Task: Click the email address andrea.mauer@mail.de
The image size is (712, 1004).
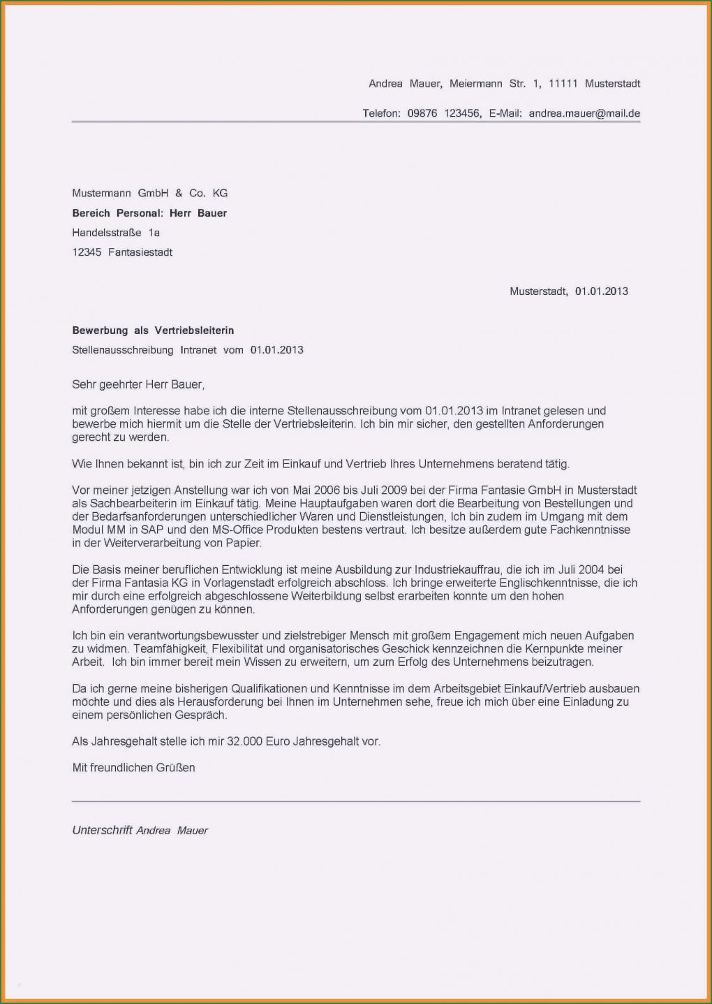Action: (x=584, y=113)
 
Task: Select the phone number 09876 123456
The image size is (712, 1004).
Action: (x=444, y=113)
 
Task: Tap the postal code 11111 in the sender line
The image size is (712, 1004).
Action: (x=563, y=84)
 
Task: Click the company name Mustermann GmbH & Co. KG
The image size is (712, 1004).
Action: (x=150, y=194)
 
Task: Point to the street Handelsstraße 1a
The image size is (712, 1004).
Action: (x=116, y=233)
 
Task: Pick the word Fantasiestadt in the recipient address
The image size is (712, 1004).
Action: (x=140, y=252)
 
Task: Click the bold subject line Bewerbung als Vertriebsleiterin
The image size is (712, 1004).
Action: (x=153, y=330)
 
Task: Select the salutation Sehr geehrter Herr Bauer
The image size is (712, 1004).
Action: (x=138, y=384)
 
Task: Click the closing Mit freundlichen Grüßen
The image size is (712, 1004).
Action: (x=133, y=768)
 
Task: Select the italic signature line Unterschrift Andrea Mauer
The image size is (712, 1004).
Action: (x=140, y=831)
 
